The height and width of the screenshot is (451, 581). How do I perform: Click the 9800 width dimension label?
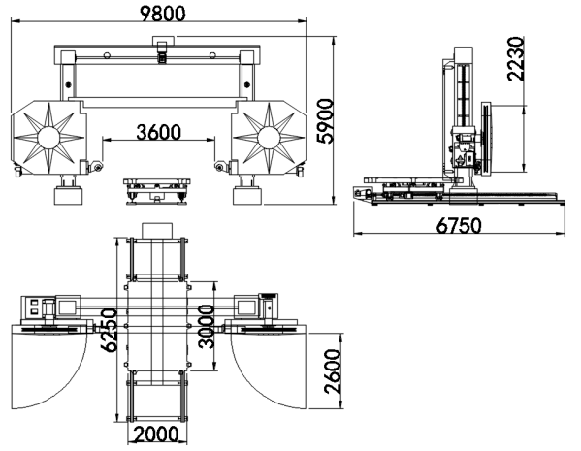click(162, 14)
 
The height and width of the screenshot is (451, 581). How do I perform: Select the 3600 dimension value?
click(159, 132)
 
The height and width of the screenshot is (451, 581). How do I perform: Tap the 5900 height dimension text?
click(326, 121)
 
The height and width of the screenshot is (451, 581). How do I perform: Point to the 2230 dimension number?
click(516, 59)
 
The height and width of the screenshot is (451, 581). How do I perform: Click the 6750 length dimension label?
click(459, 225)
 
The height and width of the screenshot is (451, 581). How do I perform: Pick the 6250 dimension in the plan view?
click(110, 330)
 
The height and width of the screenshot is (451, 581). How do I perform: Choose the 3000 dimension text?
click(207, 327)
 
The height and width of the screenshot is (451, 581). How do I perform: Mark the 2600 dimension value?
click(333, 371)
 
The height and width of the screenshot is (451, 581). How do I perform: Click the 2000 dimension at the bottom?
click(156, 435)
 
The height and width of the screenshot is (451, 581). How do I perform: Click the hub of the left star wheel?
click(48, 138)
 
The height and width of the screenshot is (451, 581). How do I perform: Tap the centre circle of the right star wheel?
click(269, 138)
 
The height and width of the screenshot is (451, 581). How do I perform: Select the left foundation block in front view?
click(68, 196)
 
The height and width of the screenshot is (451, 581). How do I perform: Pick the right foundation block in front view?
click(246, 196)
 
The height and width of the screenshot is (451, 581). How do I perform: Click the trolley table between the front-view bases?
click(157, 190)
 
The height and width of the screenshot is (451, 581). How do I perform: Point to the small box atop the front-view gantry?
click(163, 41)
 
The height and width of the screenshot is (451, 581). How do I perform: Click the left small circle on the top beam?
click(107, 55)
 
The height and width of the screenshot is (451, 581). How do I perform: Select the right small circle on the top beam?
click(212, 55)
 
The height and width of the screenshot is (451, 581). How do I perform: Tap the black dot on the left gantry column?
click(68, 84)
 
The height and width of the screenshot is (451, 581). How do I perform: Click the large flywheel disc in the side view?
click(485, 138)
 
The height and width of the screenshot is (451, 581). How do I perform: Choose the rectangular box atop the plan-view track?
click(157, 230)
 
